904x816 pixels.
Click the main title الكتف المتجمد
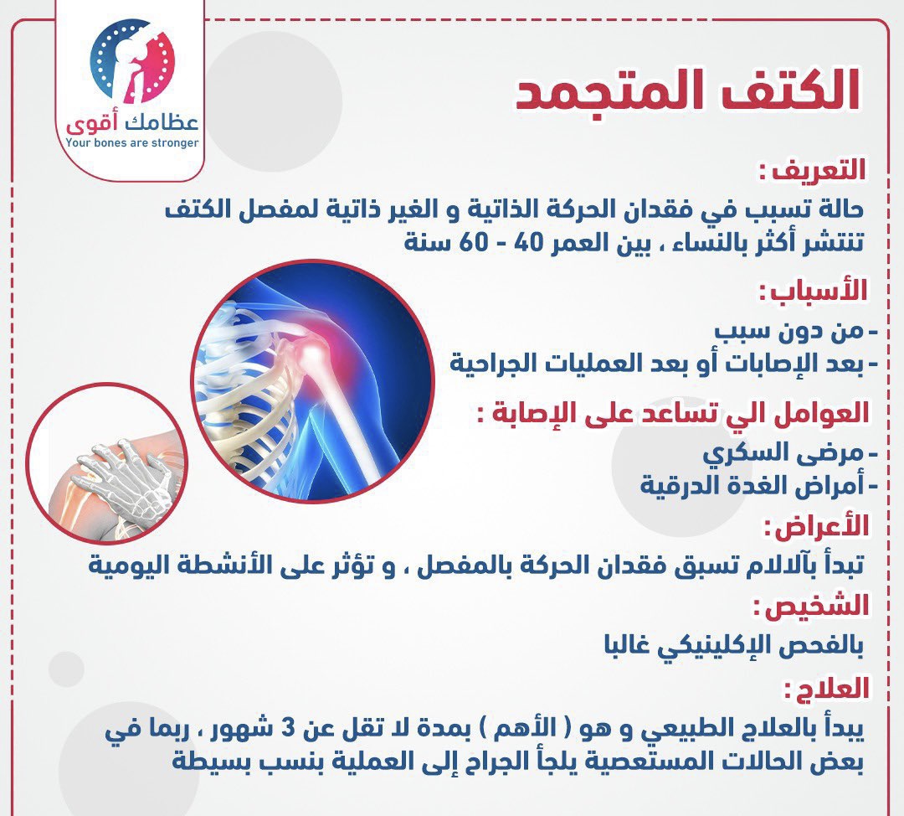(687, 90)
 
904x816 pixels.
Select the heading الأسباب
(813, 290)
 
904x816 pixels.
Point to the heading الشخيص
(810, 606)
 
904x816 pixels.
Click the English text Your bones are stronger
(132, 143)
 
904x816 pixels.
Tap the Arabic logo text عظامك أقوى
(132, 122)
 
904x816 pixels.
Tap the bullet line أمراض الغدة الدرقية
(759, 485)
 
